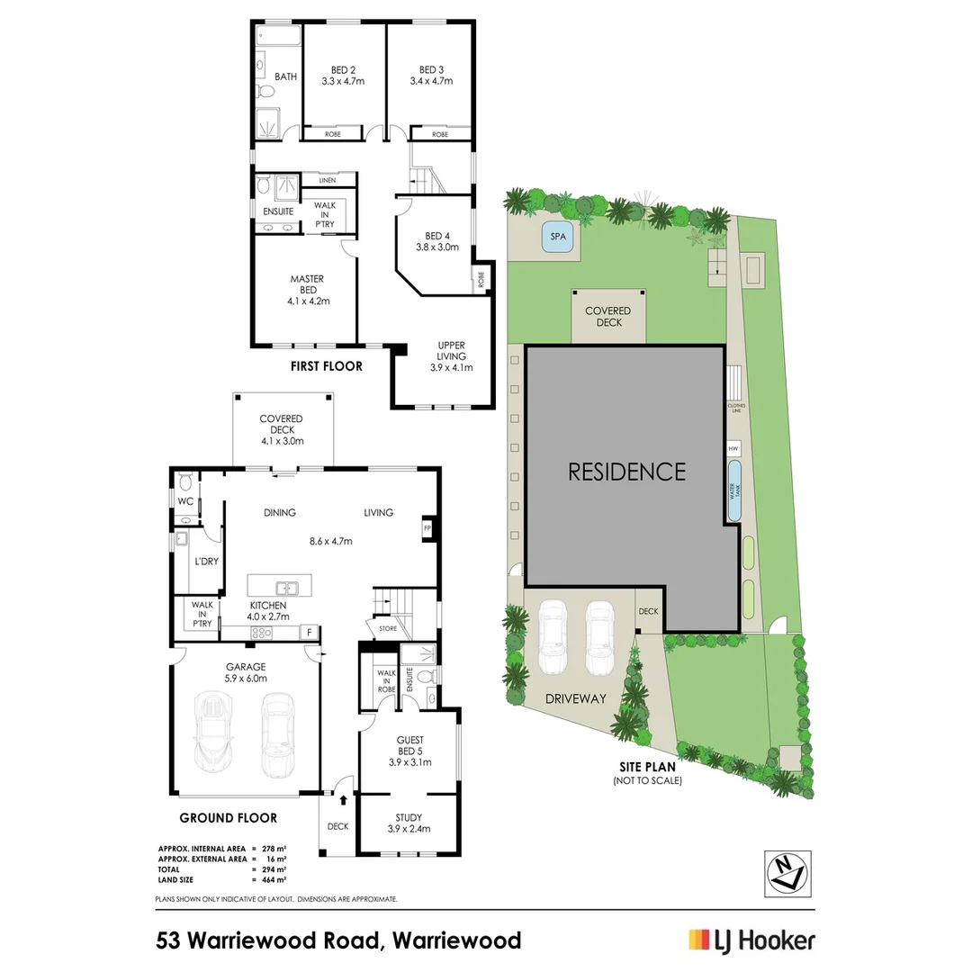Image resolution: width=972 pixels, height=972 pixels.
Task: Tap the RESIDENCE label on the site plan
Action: click(626, 472)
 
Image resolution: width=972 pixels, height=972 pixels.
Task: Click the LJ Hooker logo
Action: click(751, 940)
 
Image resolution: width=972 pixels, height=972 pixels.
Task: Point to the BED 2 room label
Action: click(341, 70)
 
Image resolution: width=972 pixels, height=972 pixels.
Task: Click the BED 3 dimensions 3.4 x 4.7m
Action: click(431, 81)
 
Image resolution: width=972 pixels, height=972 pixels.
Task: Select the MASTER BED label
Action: click(307, 284)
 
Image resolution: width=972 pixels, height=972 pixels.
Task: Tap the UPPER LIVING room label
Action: click(451, 351)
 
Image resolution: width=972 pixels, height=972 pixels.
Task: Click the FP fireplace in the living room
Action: click(427, 528)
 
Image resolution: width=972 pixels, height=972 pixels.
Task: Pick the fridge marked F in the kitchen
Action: click(309, 632)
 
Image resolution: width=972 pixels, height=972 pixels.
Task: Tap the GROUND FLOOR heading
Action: click(229, 818)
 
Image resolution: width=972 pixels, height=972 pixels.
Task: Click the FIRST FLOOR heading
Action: click(326, 366)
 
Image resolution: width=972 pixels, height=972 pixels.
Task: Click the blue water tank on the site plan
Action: click(734, 490)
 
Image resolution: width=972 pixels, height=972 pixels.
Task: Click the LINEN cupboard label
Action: click(327, 180)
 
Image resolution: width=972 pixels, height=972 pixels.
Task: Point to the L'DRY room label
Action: click(207, 561)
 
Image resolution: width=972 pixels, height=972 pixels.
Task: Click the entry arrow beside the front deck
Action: click(342, 797)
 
